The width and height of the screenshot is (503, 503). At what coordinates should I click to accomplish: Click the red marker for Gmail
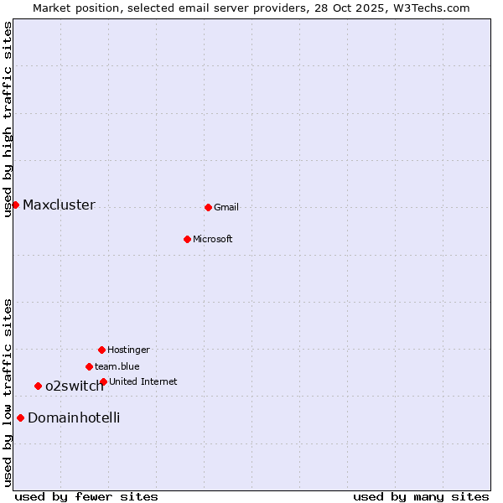pyautogui.click(x=208, y=207)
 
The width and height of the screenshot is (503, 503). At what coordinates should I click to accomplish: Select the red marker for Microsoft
pyautogui.click(x=187, y=239)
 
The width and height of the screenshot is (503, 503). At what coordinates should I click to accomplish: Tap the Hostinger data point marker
pyautogui.click(x=101, y=350)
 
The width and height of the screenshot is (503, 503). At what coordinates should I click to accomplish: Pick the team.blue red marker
pyautogui.click(x=89, y=366)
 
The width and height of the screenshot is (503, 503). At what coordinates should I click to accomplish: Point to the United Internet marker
pyautogui.click(x=103, y=381)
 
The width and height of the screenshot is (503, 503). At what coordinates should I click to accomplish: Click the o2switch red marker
pyautogui.click(x=38, y=386)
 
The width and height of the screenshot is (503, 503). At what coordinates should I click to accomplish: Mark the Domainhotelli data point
pyautogui.click(x=20, y=417)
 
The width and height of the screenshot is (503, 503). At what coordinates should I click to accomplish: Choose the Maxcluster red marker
pyautogui.click(x=15, y=205)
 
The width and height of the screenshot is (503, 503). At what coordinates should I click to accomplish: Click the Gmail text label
pyautogui.click(x=226, y=207)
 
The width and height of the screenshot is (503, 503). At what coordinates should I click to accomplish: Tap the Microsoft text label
pyautogui.click(x=213, y=239)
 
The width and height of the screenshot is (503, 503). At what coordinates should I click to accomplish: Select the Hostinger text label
pyautogui.click(x=128, y=350)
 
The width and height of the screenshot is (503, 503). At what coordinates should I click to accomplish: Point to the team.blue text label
pyautogui.click(x=117, y=366)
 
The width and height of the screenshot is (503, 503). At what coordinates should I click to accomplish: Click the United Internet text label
pyautogui.click(x=143, y=381)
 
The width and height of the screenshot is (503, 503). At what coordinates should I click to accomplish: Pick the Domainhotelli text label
pyautogui.click(x=74, y=417)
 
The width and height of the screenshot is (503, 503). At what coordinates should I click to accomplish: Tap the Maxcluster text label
pyautogui.click(x=59, y=205)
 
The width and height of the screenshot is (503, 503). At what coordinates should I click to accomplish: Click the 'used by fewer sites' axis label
pyautogui.click(x=86, y=496)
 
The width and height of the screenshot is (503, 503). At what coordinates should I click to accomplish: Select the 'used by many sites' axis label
pyautogui.click(x=421, y=496)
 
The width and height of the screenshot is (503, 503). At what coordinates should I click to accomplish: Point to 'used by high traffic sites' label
pyautogui.click(x=8, y=119)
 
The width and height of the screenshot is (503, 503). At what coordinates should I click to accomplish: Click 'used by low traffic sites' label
pyautogui.click(x=8, y=392)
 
